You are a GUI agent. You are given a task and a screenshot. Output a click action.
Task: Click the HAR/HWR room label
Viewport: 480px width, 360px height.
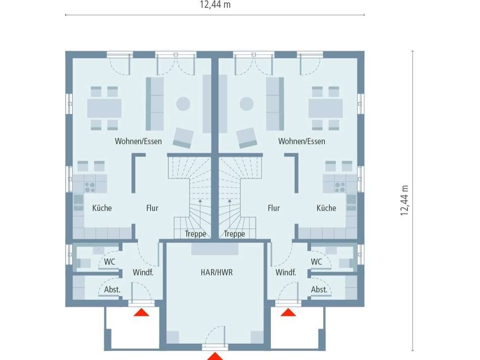pos(216,273)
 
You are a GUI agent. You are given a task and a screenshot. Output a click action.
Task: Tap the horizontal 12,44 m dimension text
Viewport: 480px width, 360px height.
pos(215,5)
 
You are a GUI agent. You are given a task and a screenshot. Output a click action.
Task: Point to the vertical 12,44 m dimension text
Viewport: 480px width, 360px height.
pos(404,200)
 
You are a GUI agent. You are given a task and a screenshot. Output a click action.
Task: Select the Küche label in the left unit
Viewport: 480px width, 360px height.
pos(102,208)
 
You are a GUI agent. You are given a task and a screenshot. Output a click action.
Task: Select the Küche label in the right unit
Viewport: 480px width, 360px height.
pos(326,208)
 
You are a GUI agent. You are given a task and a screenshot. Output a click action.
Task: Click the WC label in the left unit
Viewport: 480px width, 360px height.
pos(110,262)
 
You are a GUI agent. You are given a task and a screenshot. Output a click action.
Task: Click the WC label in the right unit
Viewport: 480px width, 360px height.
pos(316,262)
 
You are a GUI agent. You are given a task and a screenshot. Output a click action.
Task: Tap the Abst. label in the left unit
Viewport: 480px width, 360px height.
pos(112,290)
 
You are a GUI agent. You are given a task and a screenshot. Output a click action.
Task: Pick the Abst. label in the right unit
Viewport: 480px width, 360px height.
pos(319,290)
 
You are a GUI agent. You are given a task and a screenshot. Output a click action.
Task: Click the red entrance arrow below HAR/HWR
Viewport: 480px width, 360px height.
pos(215,356)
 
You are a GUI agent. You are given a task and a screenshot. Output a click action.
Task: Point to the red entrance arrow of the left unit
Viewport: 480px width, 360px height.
pos(142,312)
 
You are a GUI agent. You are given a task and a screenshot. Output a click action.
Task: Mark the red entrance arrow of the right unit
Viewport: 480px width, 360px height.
pos(289,312)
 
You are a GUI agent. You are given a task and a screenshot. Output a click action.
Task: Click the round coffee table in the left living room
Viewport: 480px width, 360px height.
pos(183,104)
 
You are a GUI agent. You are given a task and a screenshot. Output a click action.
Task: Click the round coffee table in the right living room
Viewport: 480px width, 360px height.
pos(247,104)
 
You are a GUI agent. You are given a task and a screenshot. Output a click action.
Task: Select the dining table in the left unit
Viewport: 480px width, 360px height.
pos(104,108)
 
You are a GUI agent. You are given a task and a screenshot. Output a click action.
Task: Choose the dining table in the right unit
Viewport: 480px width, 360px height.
pos(325,108)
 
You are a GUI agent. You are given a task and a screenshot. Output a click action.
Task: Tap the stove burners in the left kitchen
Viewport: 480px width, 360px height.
pos(90,187)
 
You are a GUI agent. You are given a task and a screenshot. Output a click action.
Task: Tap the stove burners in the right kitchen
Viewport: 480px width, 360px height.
pos(340,187)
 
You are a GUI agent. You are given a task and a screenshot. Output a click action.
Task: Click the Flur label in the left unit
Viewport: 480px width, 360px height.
pos(152,208)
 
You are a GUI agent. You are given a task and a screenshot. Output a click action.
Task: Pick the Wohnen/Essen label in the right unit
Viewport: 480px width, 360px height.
pos(302,142)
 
